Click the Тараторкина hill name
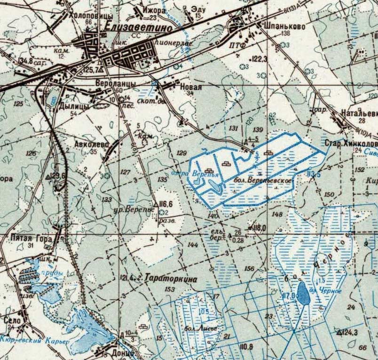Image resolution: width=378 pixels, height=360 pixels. point(171,278)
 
